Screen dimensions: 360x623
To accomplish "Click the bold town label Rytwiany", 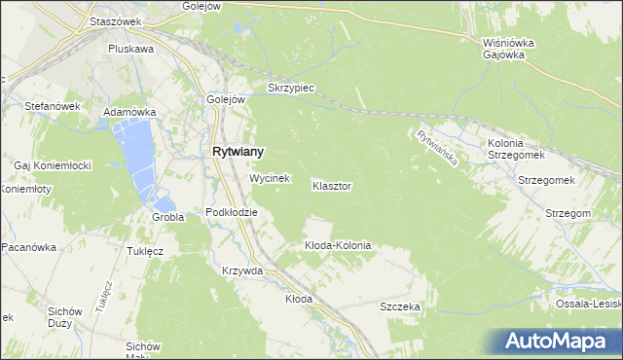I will click(x=238, y=152).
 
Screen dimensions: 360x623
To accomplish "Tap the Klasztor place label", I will click(x=332, y=185).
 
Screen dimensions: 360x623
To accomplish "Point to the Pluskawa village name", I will click(x=131, y=48).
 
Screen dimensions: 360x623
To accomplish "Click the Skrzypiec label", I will click(x=288, y=88).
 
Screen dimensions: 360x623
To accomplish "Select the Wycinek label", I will click(x=270, y=179).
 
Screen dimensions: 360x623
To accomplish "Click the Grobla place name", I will click(x=167, y=217).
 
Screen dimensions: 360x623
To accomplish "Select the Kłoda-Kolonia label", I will click(x=338, y=245).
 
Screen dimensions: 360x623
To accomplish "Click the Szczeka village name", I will click(x=400, y=306).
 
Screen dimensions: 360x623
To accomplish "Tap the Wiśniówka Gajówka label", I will click(x=504, y=49).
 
